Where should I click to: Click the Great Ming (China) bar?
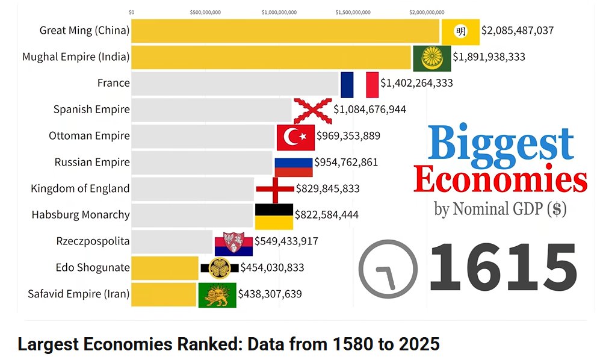click(285, 31)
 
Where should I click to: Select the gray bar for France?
click(235, 83)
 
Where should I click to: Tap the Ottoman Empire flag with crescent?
click(295, 137)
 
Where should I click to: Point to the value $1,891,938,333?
click(489, 57)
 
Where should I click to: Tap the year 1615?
click(503, 267)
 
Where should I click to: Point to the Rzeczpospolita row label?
click(93, 241)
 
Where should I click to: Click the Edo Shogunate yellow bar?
click(164, 268)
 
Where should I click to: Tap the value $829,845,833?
click(327, 188)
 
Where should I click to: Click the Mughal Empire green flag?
click(431, 58)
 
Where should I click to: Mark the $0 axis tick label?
click(132, 11)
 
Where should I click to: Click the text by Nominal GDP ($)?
click(500, 209)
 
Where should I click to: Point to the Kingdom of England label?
click(80, 188)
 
